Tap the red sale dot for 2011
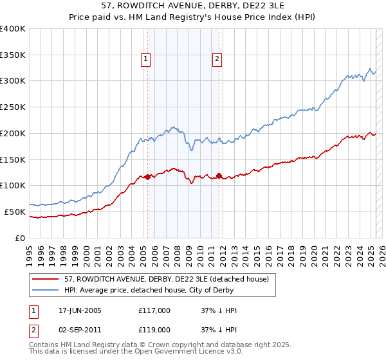point(219,175)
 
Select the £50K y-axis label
point(15,212)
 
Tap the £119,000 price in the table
point(154,329)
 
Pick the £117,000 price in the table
point(154,310)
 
